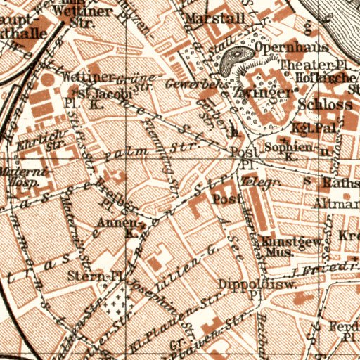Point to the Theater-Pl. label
click(300, 65)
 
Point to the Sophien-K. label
click(285, 151)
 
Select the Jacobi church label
click(98, 92)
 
